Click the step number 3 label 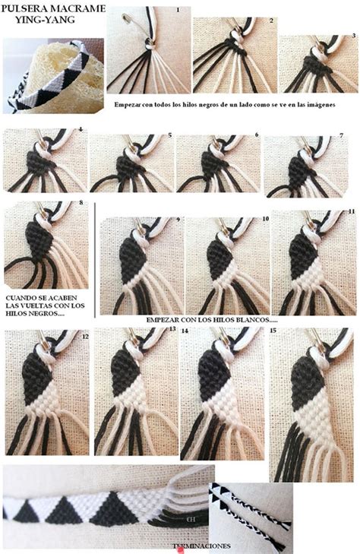tap(353, 35)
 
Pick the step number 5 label tap(169, 135)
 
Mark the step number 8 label tap(81, 203)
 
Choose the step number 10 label tap(265, 218)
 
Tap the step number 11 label tap(351, 211)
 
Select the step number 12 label tap(84, 335)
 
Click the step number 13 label tap(172, 329)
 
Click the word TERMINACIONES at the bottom tap(201, 546)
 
